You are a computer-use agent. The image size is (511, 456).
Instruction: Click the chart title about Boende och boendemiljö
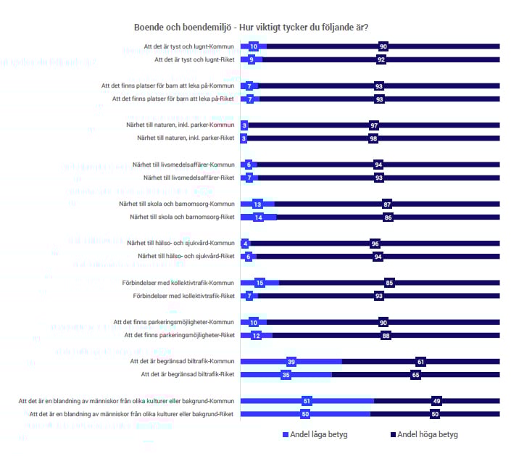(250, 28)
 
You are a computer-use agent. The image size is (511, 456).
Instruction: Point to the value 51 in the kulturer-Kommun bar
(307, 400)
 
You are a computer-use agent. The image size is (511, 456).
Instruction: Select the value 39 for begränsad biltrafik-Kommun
(291, 361)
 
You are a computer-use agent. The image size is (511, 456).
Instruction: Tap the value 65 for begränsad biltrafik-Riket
(415, 375)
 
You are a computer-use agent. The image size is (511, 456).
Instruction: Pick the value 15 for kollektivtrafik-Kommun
(259, 282)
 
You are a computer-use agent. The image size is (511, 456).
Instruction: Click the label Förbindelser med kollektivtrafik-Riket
(184, 296)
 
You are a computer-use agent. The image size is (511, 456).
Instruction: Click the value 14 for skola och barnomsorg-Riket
(258, 217)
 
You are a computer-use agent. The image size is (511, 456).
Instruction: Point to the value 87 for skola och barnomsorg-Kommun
(388, 204)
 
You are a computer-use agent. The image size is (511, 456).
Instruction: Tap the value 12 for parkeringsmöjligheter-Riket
(256, 335)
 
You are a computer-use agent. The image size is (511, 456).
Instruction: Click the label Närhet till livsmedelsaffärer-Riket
(188, 178)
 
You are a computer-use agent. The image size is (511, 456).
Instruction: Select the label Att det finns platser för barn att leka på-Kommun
(167, 86)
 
